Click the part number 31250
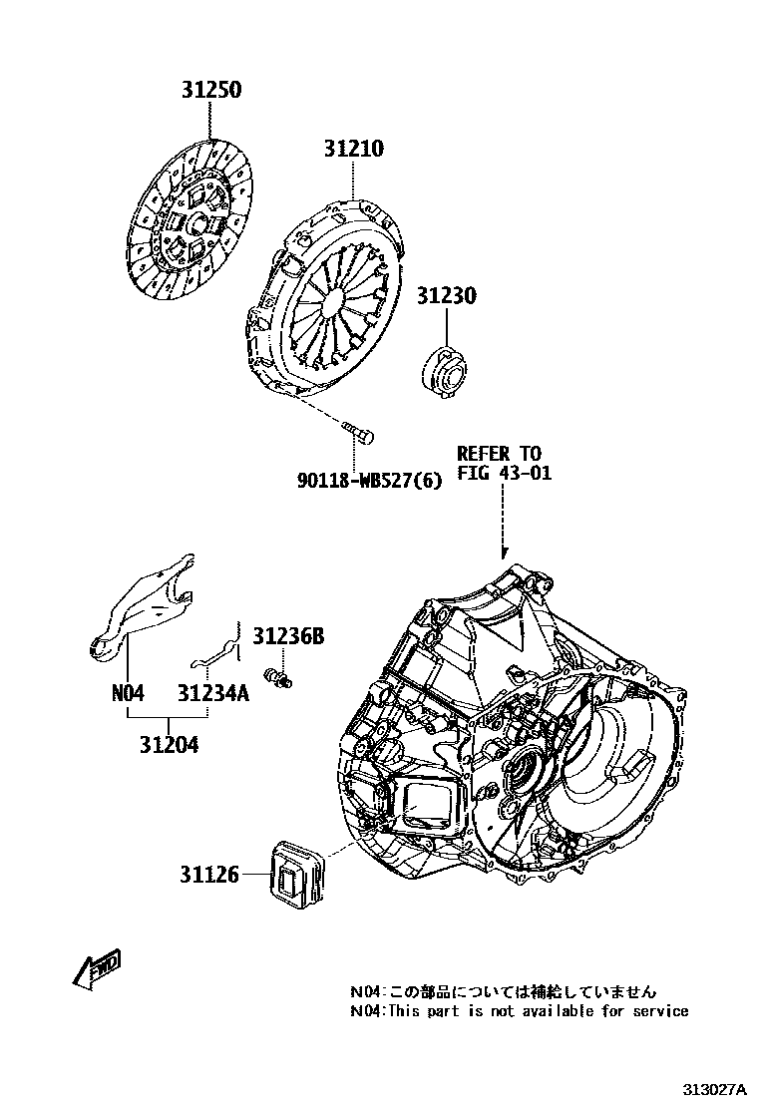coord(210,90)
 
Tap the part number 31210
coord(353,150)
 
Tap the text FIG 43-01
coord(504,473)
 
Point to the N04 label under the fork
coord(129,692)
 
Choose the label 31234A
coord(213,692)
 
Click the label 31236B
coord(288,635)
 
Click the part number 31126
coord(209,875)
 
